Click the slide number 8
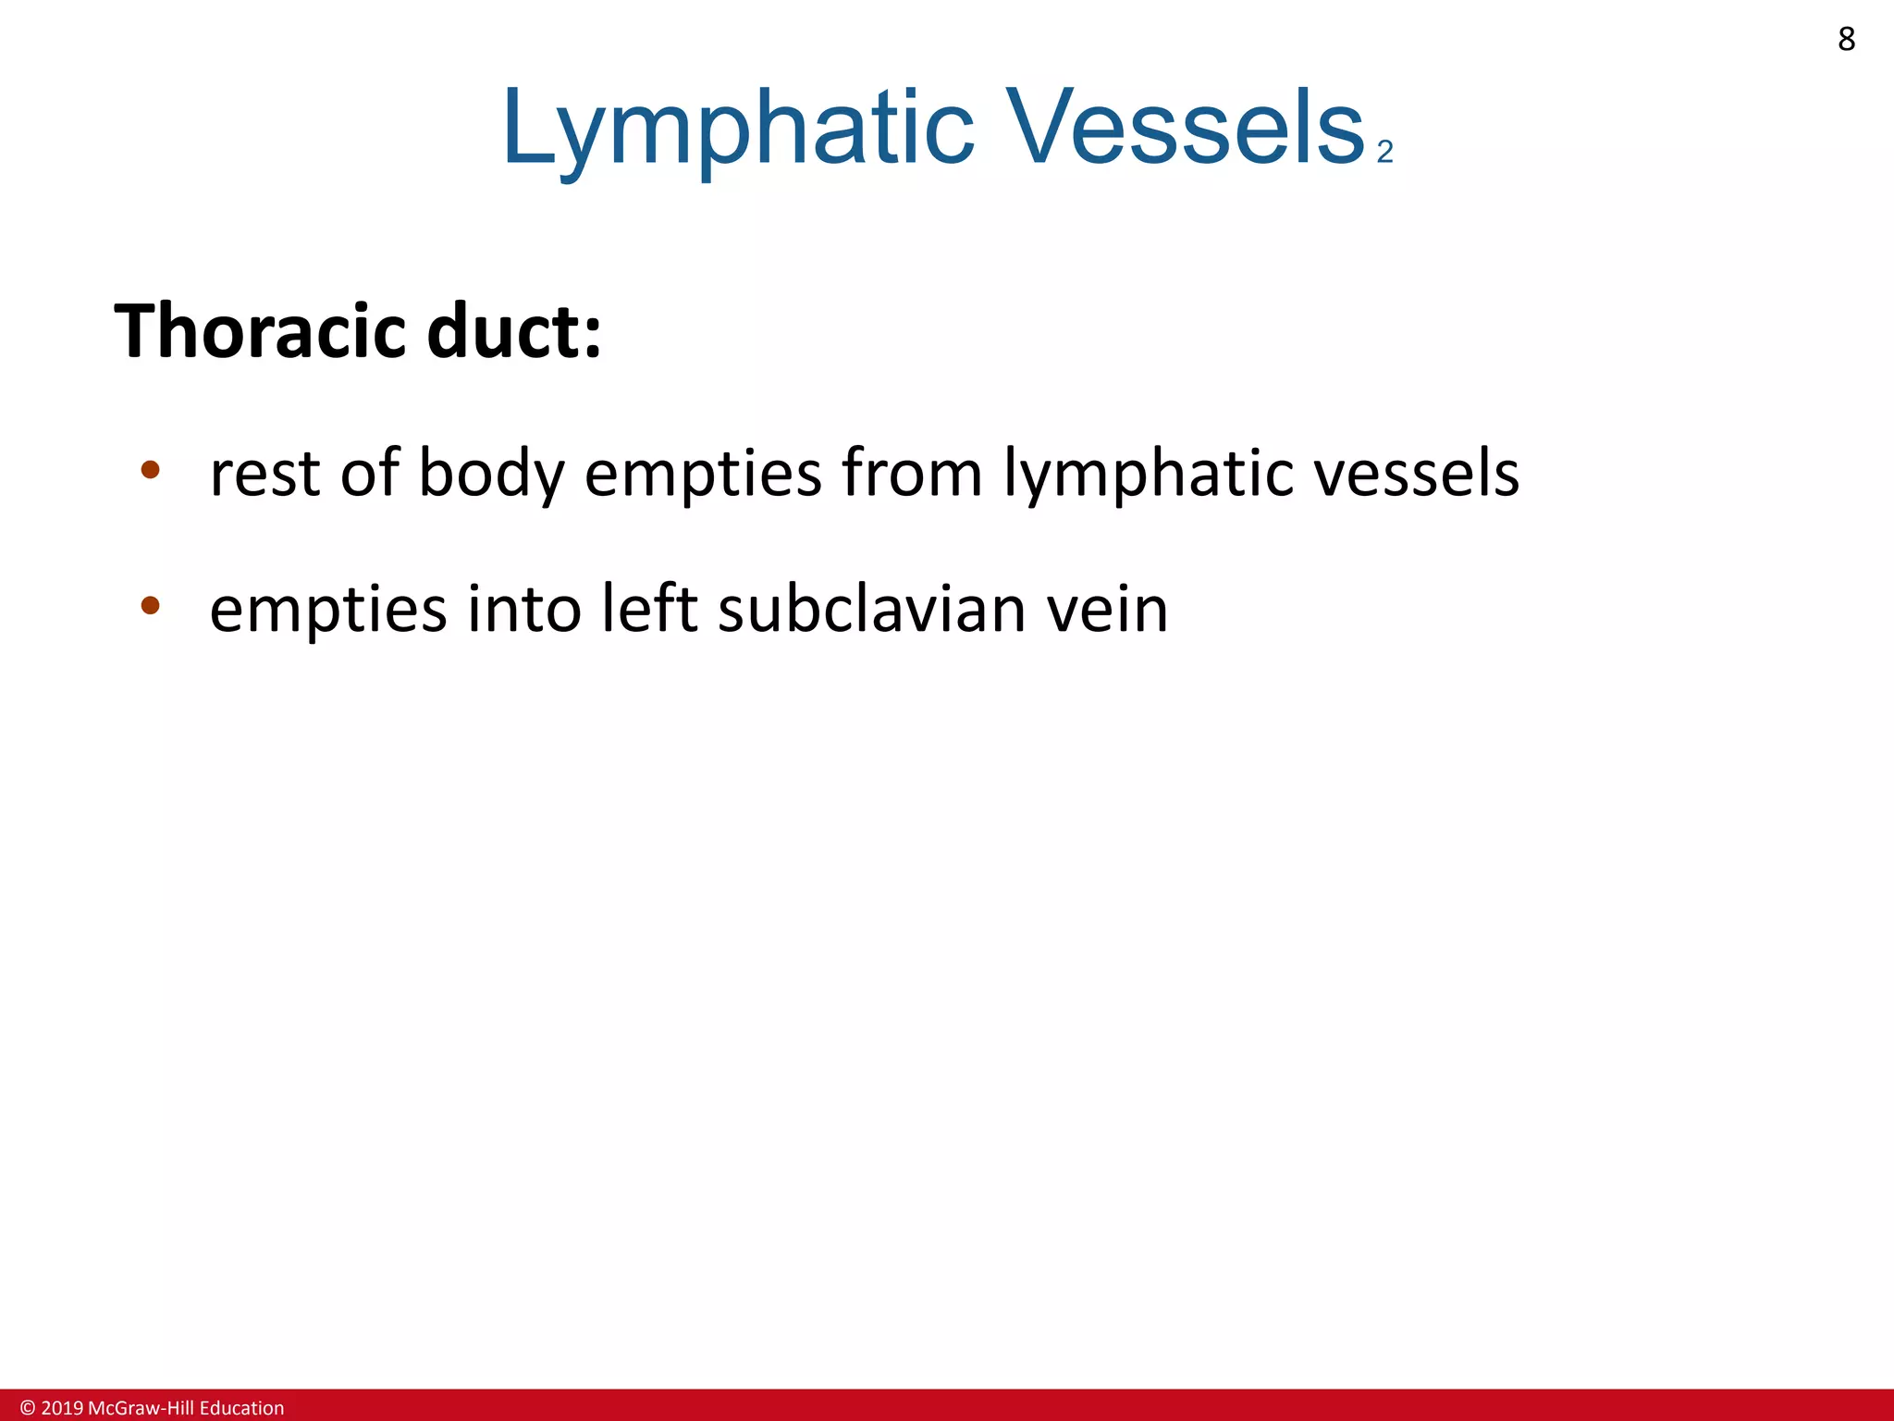pos(1846,40)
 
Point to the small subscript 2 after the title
pos(1384,152)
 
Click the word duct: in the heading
pos(514,331)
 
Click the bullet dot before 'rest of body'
pos(150,470)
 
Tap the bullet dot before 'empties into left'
pos(150,606)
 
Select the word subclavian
pos(871,609)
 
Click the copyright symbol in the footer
pos(28,1408)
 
